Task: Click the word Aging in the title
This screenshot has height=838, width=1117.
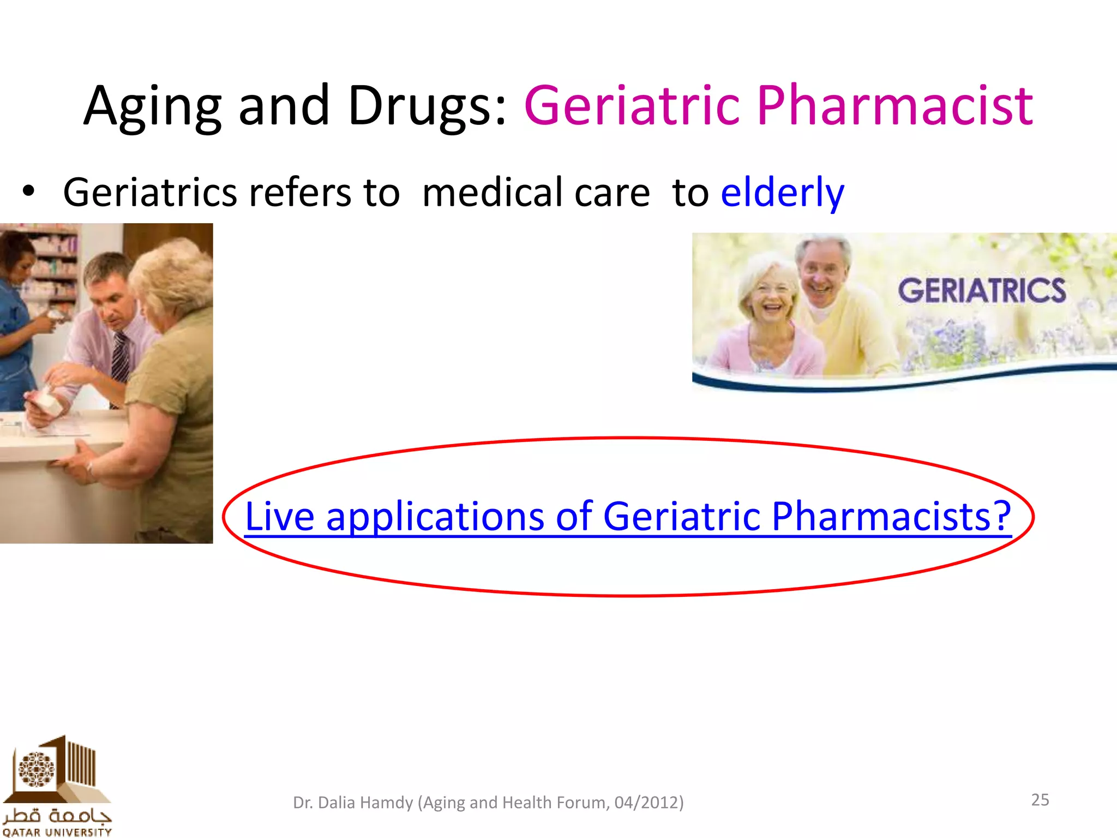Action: tap(153, 106)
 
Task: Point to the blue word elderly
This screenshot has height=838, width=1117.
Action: tap(782, 193)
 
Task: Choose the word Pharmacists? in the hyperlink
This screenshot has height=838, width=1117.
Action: tap(891, 516)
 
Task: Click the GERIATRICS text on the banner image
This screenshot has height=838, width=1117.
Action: tap(981, 291)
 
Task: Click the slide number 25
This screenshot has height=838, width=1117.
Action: tap(1040, 800)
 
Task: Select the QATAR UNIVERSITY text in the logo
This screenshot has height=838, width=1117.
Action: tap(57, 832)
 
